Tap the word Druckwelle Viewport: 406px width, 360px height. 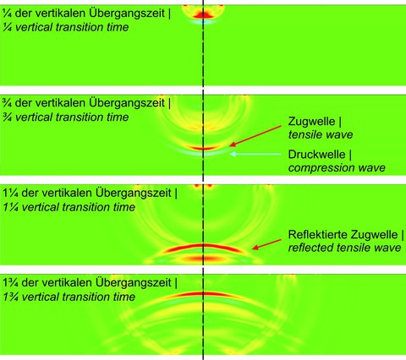pos(317,155)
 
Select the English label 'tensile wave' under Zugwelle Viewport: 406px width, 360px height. pos(321,134)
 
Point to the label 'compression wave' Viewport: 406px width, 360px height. pos(337,168)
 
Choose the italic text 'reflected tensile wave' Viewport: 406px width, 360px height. pos(344,248)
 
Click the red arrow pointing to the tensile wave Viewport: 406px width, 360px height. pos(255,136)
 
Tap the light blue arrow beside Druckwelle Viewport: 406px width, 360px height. pos(255,154)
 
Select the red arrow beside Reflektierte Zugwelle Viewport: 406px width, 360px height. pos(266,244)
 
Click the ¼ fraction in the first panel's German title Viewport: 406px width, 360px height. pos(7,14)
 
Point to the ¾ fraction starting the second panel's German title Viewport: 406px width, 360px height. pos(7,103)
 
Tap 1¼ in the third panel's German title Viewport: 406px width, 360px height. pos(10,194)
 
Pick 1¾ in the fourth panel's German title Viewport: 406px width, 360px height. pos(10,283)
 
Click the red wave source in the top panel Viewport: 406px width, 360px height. pos(204,14)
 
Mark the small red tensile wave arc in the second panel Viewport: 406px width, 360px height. pos(203,148)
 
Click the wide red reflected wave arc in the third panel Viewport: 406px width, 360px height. pos(204,246)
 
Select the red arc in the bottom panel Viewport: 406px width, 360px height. pos(204,293)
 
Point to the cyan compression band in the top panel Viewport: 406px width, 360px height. pos(203,21)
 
